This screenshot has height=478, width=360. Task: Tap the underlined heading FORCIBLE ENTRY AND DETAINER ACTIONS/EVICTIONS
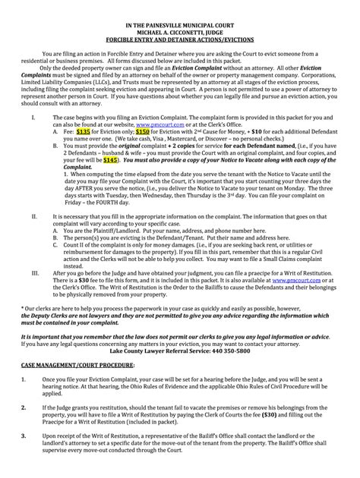[x=180, y=42]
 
